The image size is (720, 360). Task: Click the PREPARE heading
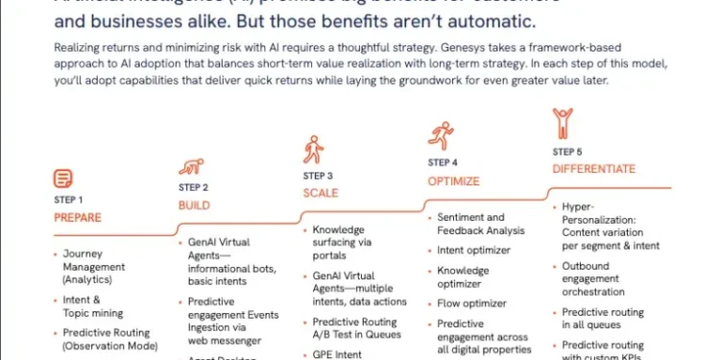pos(78,217)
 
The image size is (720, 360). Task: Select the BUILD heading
pos(193,205)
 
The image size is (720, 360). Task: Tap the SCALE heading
pos(321,193)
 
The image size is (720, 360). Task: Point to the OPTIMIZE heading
pos(454,180)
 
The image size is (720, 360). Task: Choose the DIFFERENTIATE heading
pos(593,169)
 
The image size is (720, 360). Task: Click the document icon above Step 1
pos(62,178)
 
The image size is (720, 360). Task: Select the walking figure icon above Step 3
pos(313,150)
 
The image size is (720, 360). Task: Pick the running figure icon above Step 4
pos(441,134)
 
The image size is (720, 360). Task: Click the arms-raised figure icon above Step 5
pos(562,122)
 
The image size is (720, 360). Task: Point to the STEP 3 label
pos(318,176)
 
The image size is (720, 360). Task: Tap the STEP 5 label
pos(566,152)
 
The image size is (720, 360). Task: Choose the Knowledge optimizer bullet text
pos(462,277)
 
